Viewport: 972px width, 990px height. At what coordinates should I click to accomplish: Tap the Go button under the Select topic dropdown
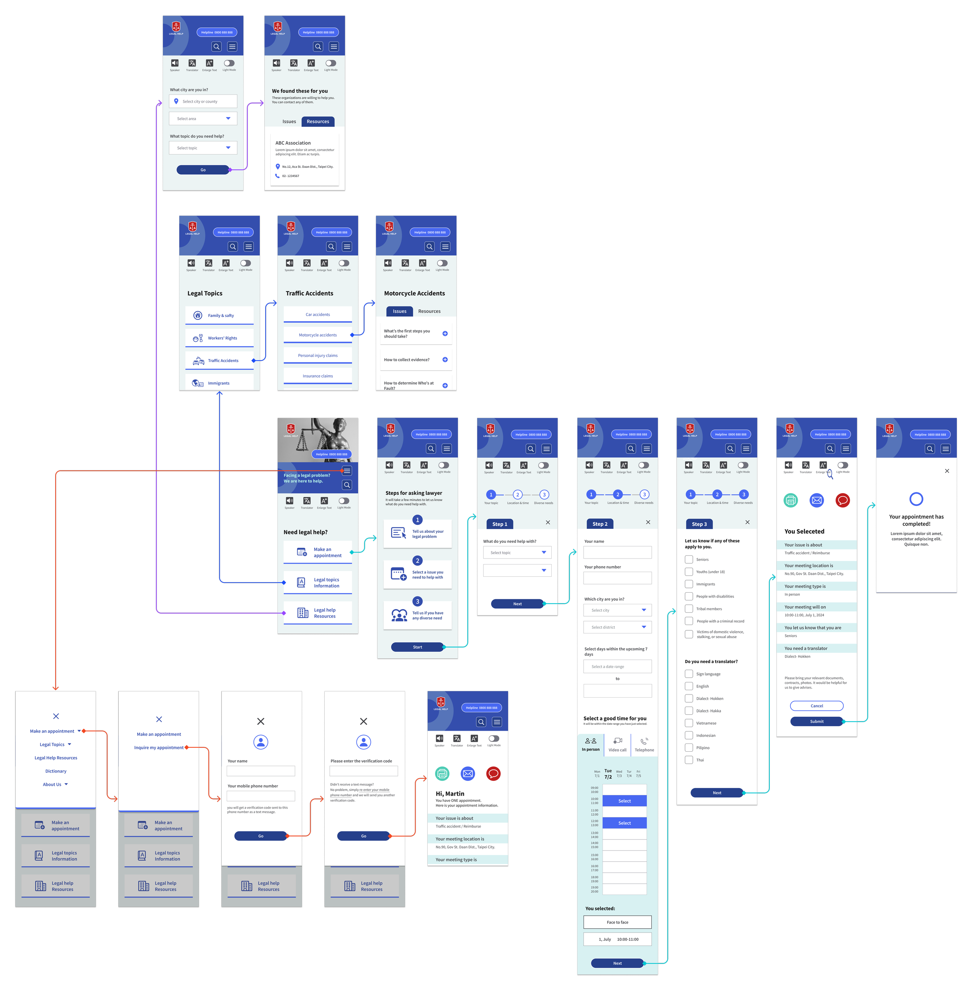coord(203,170)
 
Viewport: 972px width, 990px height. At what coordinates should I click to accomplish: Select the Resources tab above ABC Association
coord(318,122)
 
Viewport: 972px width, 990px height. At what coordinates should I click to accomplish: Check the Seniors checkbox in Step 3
coord(689,560)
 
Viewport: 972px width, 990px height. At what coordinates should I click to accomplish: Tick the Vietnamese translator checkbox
coord(689,723)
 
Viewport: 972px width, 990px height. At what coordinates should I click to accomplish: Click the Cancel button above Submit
coord(816,706)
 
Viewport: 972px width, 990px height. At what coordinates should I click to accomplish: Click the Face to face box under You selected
coord(617,922)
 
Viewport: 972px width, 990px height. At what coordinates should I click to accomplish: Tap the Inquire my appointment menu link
coord(159,747)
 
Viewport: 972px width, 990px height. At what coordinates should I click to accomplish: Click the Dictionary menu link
coord(56,771)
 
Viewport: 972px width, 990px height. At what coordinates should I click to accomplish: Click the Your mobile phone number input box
coord(261,796)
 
